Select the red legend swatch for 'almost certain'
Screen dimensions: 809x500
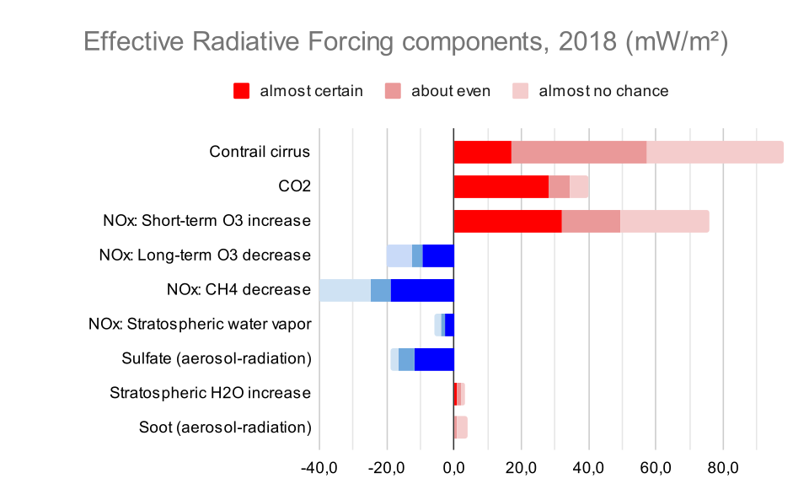pos(242,91)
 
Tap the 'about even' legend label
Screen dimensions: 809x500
pos(450,91)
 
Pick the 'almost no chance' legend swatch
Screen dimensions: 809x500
pos(521,91)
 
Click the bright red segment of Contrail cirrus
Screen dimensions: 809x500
pos(482,153)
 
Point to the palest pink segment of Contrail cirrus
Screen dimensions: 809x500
pos(715,153)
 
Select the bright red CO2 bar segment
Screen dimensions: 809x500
pos(501,187)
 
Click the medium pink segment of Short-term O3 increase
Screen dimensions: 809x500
pos(591,222)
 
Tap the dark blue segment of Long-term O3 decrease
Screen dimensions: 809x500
pos(438,256)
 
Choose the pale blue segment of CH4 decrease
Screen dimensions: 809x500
pos(346,291)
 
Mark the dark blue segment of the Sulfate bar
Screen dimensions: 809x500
pos(434,360)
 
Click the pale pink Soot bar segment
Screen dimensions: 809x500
pos(462,427)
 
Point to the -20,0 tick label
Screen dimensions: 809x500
pos(387,468)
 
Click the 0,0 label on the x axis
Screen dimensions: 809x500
pos(453,468)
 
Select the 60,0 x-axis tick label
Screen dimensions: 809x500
pos(656,468)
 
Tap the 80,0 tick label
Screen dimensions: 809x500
pos(723,468)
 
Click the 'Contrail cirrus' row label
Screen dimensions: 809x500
pos(260,152)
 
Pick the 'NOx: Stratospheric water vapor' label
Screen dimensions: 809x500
pos(200,324)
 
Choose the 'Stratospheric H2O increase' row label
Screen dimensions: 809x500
pos(210,393)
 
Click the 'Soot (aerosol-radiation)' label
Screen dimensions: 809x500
pos(225,427)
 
